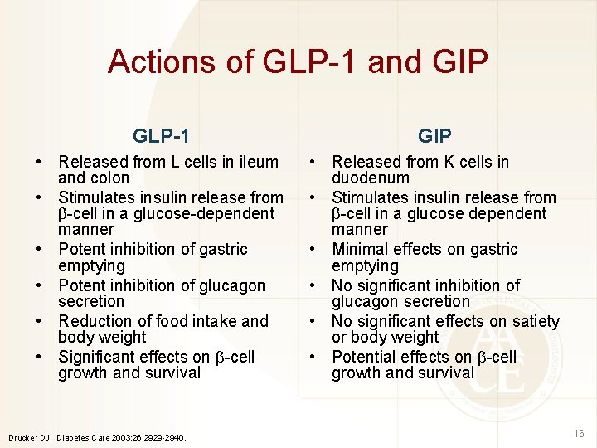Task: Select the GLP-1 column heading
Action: [x=161, y=135]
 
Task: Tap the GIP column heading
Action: [x=434, y=135]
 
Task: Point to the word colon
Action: [x=111, y=178]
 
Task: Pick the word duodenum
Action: [x=371, y=178]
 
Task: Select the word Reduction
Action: [x=98, y=321]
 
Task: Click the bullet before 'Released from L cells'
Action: [x=39, y=163]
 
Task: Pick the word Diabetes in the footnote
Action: [x=75, y=436]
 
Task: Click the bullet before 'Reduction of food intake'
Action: [x=39, y=322]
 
